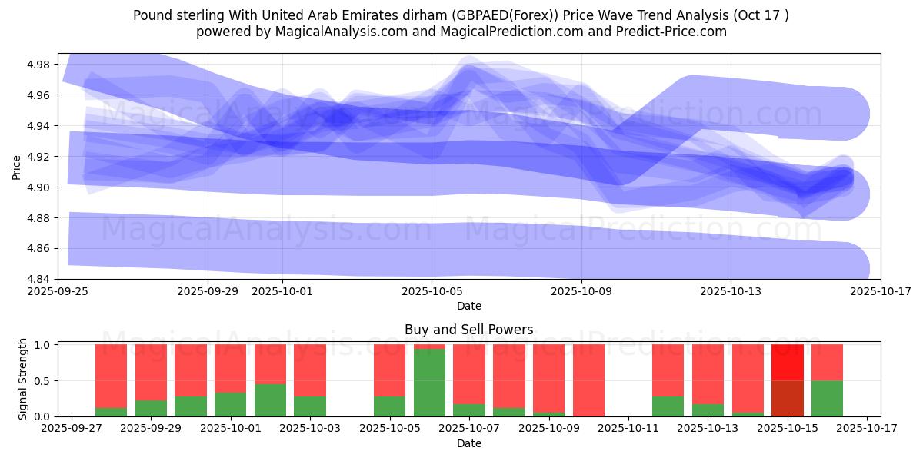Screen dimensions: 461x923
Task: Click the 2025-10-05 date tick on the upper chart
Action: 432,291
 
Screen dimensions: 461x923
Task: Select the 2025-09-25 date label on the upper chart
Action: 58,291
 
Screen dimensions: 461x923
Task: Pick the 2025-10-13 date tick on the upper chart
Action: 731,291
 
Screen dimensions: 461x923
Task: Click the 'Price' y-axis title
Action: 17,166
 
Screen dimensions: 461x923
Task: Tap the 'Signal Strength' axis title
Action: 23,380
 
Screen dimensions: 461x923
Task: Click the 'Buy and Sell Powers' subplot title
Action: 468,330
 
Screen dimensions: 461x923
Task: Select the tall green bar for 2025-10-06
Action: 429,382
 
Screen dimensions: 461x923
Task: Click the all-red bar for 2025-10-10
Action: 588,380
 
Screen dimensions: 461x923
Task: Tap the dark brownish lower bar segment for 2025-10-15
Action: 787,398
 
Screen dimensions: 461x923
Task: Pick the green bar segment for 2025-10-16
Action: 827,398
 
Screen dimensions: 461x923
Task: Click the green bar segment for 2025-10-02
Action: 270,400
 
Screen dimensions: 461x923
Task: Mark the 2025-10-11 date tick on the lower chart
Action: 628,429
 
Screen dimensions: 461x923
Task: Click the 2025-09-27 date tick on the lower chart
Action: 72,429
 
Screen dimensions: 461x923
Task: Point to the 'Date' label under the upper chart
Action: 468,306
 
